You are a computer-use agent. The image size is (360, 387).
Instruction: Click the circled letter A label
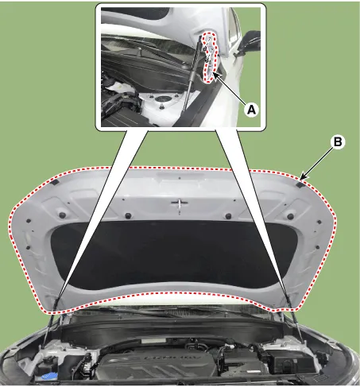(x=250, y=111)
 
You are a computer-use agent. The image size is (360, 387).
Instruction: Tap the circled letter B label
(x=337, y=143)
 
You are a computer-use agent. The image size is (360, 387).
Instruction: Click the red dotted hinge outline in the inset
(x=209, y=57)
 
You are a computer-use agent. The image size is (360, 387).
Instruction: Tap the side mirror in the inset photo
(x=251, y=39)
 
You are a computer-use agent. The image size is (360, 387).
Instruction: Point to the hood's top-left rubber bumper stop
(x=55, y=184)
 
